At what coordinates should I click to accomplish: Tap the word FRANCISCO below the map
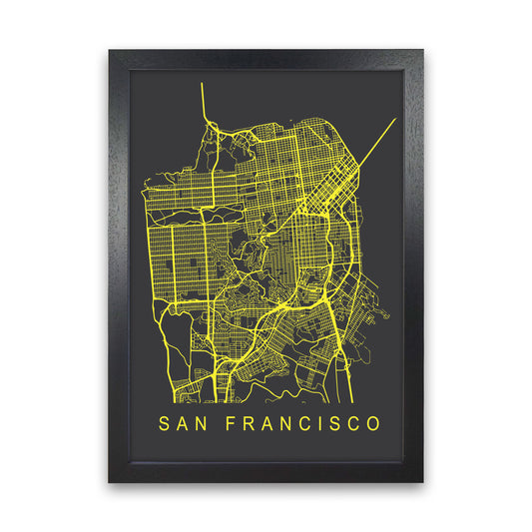click(298, 424)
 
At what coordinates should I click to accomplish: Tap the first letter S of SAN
click(163, 424)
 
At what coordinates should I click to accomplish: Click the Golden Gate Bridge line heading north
click(203, 100)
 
